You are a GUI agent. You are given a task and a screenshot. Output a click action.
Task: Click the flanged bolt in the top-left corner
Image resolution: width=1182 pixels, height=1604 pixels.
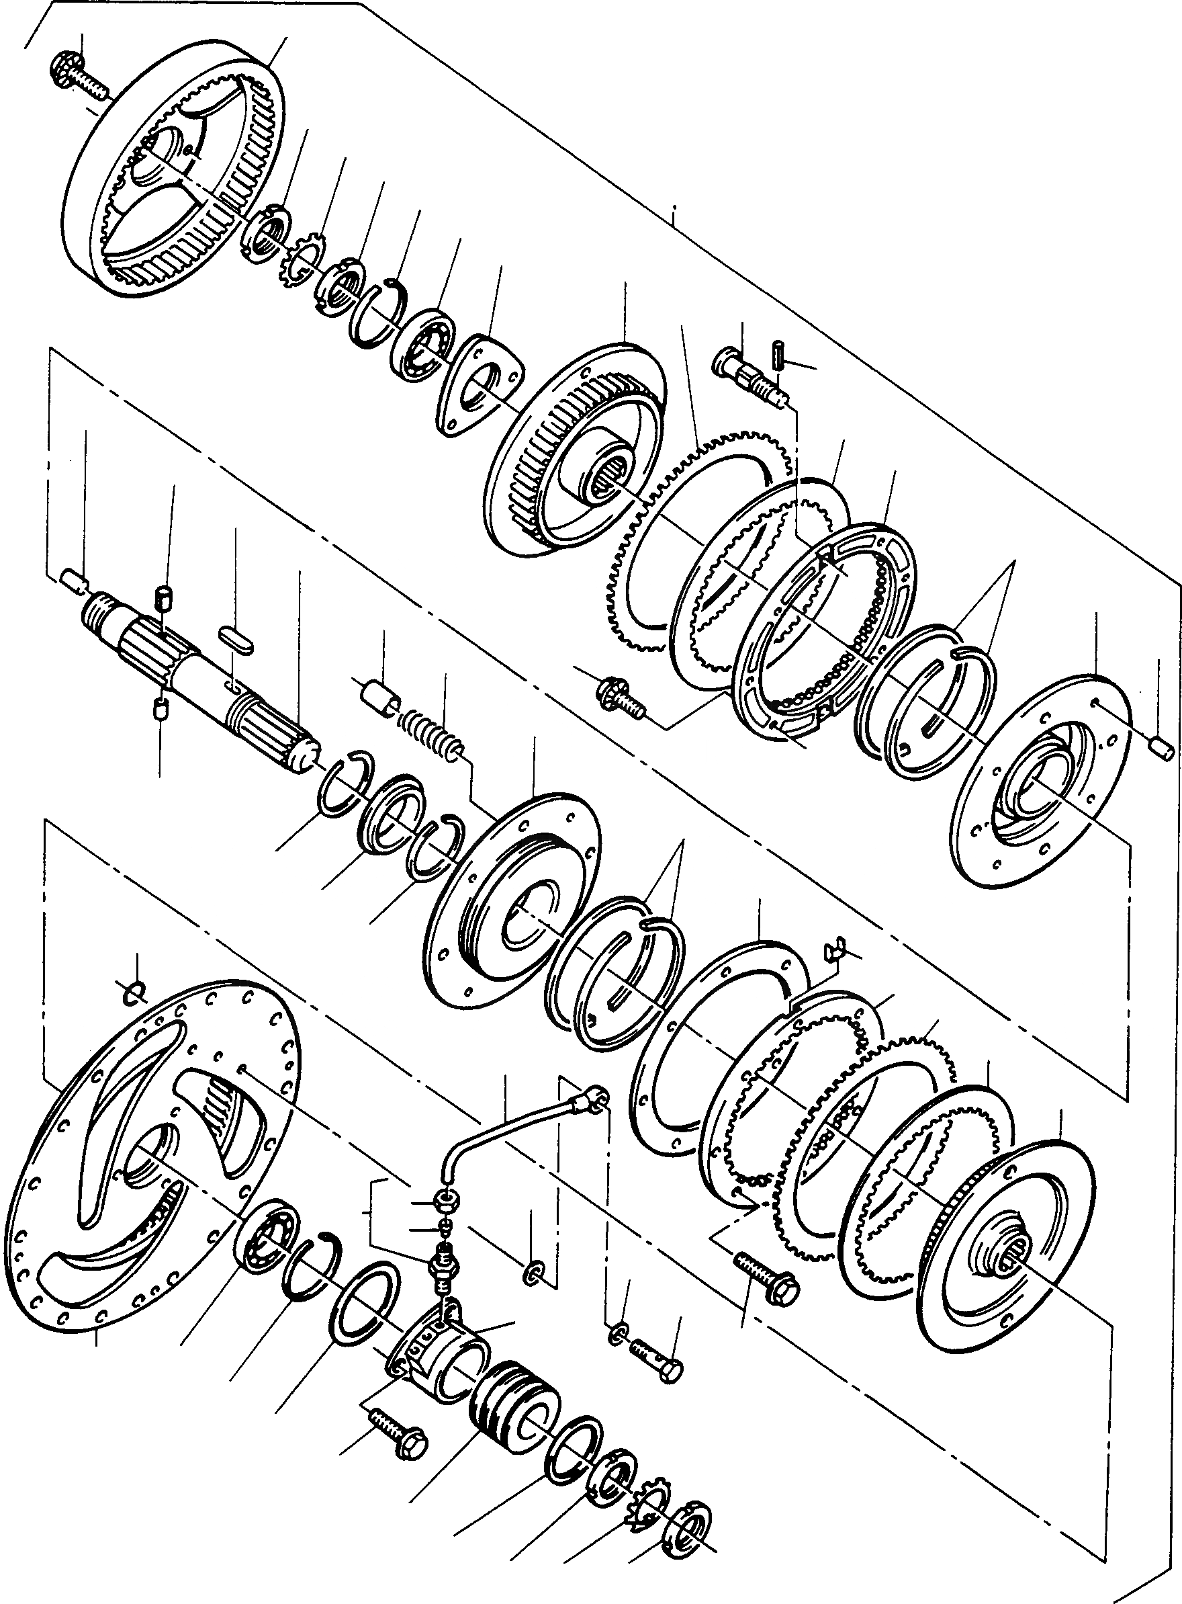coord(75,76)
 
